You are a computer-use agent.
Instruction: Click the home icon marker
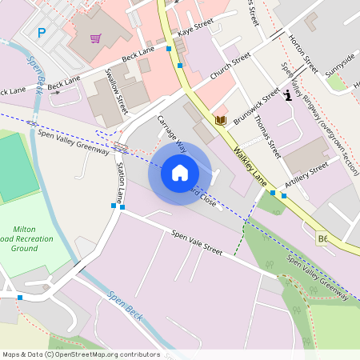point(180,173)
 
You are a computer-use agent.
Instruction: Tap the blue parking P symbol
point(42,33)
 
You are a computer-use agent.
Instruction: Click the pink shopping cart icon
point(95,38)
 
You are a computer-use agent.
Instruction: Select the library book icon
point(221,120)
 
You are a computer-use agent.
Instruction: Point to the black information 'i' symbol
point(287,96)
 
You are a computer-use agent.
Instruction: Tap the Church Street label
point(230,66)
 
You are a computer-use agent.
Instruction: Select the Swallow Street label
point(117,90)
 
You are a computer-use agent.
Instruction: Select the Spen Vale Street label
point(196,241)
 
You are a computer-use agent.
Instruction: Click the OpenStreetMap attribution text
point(81,354)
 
